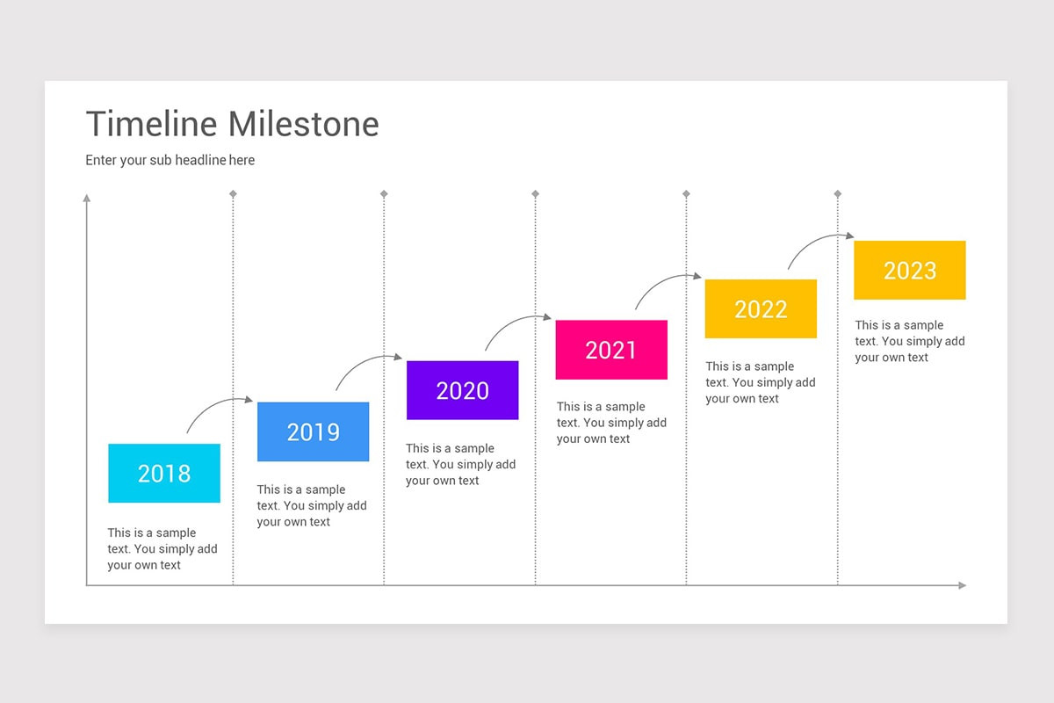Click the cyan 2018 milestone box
click(x=164, y=474)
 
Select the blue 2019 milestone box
click(x=313, y=431)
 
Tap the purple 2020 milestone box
click(x=462, y=390)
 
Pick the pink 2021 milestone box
click(x=611, y=350)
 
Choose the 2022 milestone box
click(x=761, y=308)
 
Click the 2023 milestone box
click(x=910, y=270)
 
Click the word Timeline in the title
click(x=151, y=124)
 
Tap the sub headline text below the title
click(x=170, y=160)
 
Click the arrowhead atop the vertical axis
click(x=86, y=199)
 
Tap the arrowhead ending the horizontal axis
click(x=962, y=585)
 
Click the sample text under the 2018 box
click(x=162, y=549)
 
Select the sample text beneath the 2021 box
click(x=611, y=423)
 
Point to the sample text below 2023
click(x=910, y=341)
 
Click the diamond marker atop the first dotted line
click(x=233, y=193)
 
